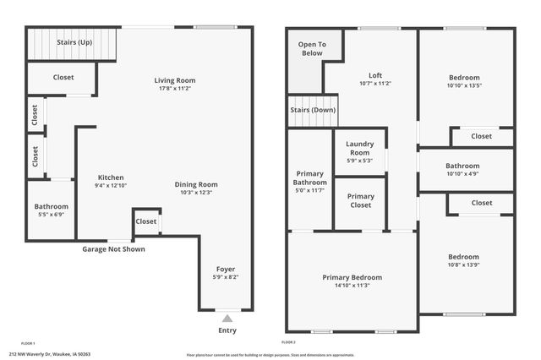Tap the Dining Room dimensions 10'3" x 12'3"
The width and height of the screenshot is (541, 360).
click(196, 193)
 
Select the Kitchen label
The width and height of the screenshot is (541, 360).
click(111, 177)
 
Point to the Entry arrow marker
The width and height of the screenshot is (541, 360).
click(227, 319)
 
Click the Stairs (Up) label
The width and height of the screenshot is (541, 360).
click(74, 42)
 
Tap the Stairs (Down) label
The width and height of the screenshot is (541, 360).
click(312, 111)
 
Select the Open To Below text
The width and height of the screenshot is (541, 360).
click(312, 48)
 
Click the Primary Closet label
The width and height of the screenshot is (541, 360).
click(360, 200)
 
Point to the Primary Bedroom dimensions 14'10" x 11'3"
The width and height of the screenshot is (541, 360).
click(352, 285)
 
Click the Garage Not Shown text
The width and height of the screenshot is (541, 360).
click(113, 249)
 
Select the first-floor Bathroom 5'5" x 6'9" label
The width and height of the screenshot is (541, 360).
click(51, 207)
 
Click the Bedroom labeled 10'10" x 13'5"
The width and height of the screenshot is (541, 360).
click(464, 77)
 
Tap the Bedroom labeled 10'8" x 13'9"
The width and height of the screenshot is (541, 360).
click(463, 257)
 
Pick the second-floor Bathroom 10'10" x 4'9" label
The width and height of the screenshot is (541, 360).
click(463, 166)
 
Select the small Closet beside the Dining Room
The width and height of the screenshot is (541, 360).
click(146, 221)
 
